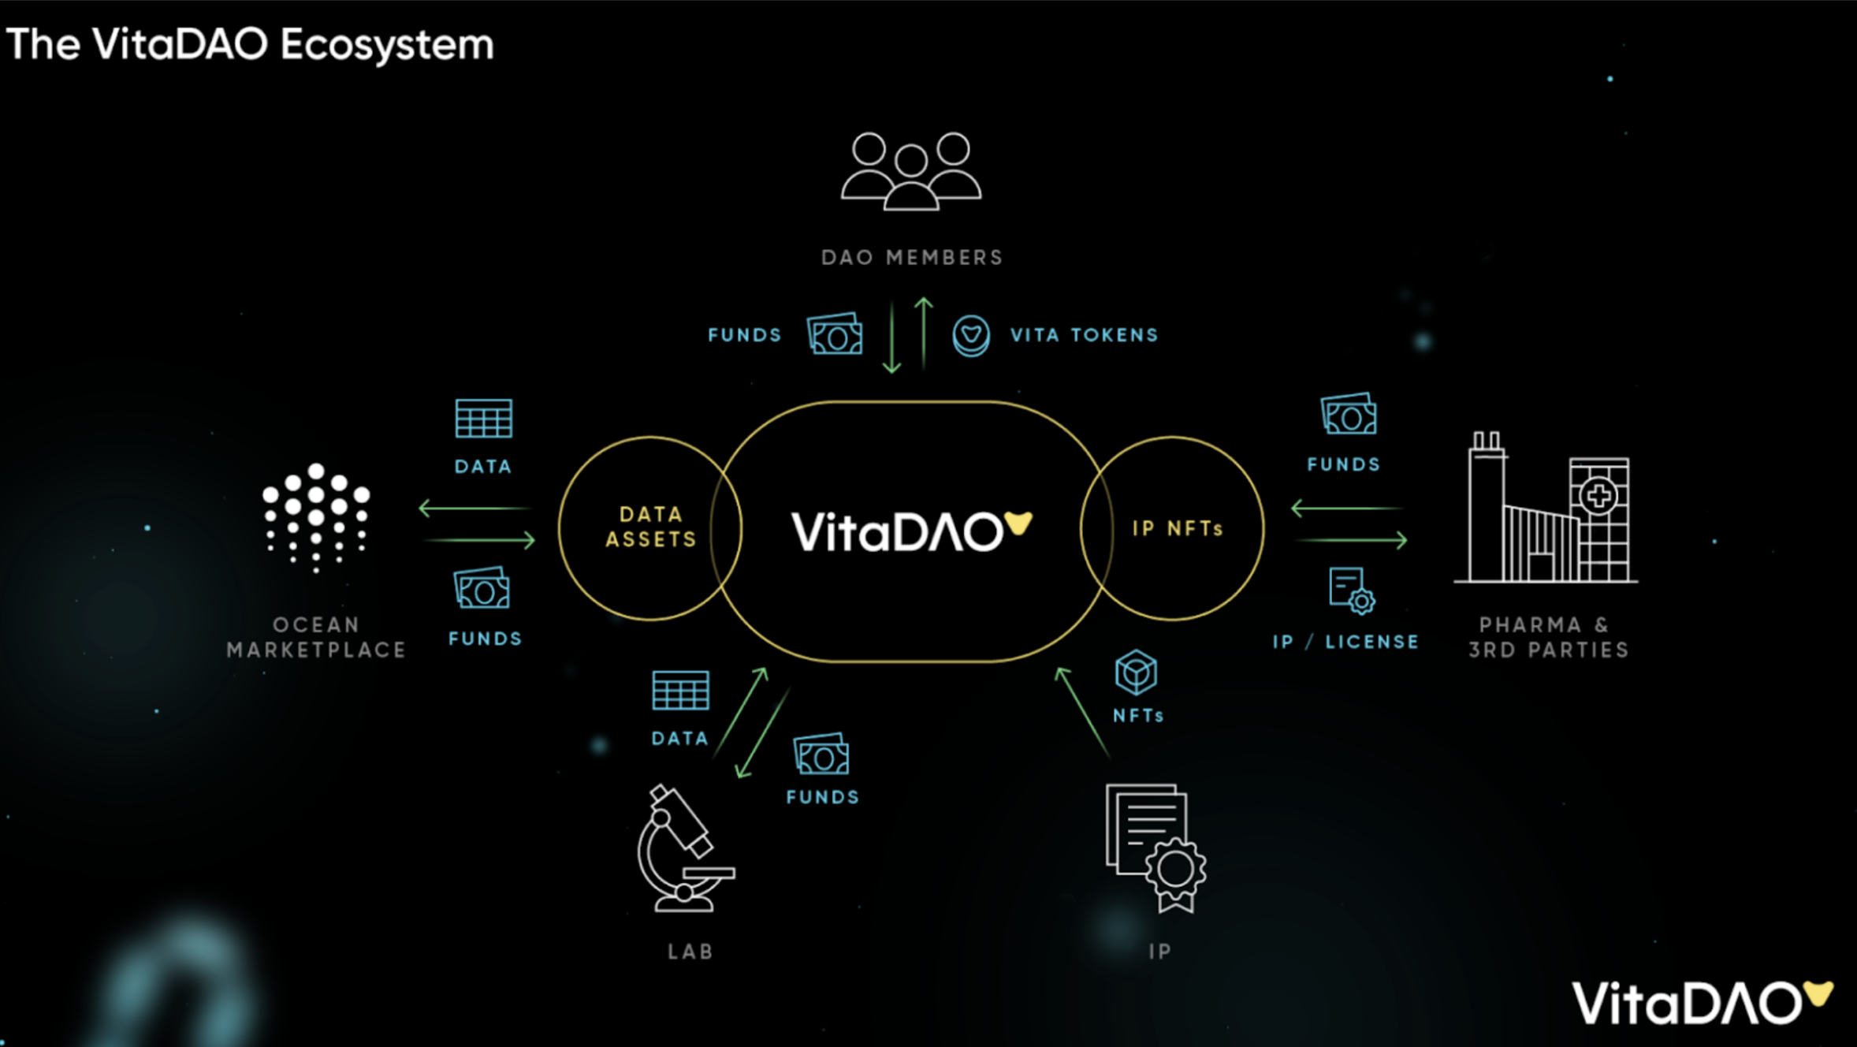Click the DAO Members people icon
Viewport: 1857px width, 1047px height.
[911, 171]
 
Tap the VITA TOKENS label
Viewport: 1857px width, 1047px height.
[1084, 335]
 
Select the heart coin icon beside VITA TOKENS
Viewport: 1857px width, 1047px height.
[970, 336]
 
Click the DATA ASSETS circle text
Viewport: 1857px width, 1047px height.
[651, 527]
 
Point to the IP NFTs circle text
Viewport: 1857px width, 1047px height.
[1178, 528]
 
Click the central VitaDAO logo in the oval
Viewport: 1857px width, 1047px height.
[910, 531]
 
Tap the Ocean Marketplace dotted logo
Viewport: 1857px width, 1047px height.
[316, 516]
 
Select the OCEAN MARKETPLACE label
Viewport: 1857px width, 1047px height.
[316, 637]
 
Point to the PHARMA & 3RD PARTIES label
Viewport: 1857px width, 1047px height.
[1547, 637]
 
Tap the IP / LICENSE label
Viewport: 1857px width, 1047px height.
[1345, 642]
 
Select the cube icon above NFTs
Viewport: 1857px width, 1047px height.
[1136, 673]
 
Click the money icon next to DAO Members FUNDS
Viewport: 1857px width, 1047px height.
[835, 334]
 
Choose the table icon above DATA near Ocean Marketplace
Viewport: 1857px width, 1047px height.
[483, 418]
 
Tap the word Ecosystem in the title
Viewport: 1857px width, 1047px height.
[386, 45]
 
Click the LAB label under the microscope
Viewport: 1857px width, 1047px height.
[690, 952]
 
